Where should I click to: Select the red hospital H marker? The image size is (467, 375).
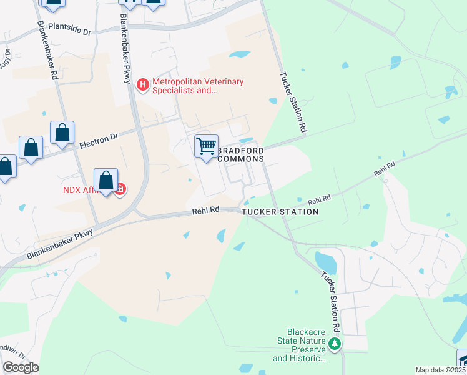(144, 84)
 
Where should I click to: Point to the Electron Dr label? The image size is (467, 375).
(99, 139)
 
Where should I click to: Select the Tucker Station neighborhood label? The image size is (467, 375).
(280, 212)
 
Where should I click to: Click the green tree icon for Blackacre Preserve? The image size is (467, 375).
(335, 343)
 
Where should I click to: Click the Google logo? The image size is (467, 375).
(21, 367)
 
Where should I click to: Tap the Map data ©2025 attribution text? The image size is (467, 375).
(440, 370)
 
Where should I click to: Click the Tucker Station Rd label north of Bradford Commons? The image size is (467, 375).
(293, 102)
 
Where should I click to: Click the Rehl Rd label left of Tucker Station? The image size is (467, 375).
(207, 211)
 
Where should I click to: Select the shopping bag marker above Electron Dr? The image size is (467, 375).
(62, 133)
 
